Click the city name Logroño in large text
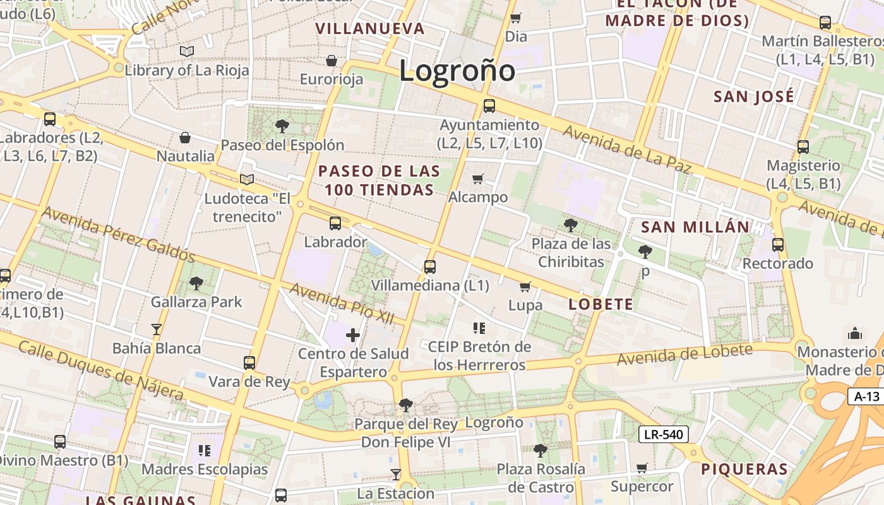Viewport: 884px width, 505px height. (457, 70)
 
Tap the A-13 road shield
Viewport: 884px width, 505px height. (866, 396)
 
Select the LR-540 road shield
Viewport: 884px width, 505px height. (663, 434)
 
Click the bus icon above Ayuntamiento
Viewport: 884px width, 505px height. (489, 106)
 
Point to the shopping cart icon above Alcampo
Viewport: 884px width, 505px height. (478, 179)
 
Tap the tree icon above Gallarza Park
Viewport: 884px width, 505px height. (196, 283)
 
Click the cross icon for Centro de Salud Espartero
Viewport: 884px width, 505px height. (353, 335)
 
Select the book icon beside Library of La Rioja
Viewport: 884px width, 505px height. (186, 51)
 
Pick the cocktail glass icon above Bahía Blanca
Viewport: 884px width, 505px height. (156, 329)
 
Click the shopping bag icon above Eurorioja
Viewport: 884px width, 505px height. (331, 61)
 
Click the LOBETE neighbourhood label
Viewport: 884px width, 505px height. (600, 304)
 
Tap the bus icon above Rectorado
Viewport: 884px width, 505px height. (778, 245)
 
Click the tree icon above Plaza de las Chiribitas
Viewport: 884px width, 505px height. (570, 225)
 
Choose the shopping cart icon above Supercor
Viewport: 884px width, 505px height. (642, 468)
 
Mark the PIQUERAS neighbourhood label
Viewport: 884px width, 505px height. (744, 469)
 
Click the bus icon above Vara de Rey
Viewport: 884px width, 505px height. (249, 363)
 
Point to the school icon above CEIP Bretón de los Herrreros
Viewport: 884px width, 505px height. (479, 328)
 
